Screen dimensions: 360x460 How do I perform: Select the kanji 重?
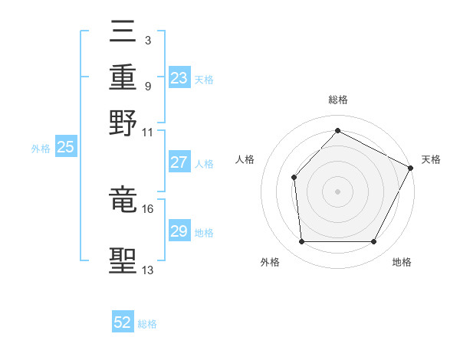(x=123, y=77)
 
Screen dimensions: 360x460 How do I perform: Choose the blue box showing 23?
(x=179, y=78)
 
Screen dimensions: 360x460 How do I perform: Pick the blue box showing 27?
(x=179, y=162)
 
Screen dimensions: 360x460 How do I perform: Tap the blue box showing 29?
(x=179, y=231)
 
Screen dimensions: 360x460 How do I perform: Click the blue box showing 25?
(x=65, y=147)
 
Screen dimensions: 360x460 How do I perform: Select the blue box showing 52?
(x=123, y=322)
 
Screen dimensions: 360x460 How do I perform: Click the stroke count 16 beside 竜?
(x=147, y=208)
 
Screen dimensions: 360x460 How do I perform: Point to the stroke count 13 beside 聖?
(x=147, y=270)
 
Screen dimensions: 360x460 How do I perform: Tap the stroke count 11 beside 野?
(x=147, y=132)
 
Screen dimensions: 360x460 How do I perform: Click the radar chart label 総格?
(x=337, y=100)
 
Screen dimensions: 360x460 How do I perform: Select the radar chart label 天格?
(x=431, y=159)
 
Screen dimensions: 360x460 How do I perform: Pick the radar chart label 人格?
(x=245, y=159)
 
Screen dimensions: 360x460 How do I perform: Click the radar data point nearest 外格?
(x=301, y=242)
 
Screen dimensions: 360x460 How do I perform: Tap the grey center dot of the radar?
(x=337, y=191)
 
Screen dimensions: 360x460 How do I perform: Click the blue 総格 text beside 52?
(x=147, y=324)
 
